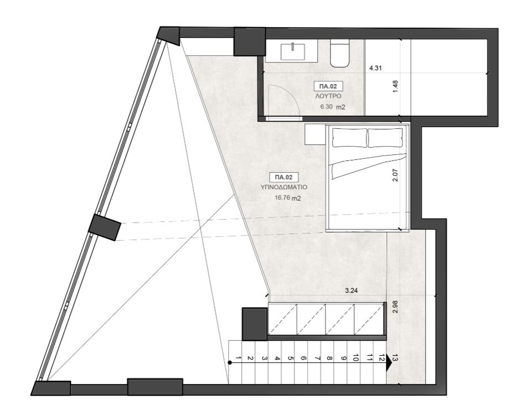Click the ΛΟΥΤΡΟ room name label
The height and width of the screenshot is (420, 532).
328,96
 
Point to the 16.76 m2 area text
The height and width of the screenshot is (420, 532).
287,197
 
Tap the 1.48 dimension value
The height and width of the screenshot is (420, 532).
395,87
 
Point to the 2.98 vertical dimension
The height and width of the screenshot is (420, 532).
394,308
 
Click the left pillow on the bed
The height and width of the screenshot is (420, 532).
349,138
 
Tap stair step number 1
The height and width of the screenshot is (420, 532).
237,359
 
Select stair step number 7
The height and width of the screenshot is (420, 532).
316,359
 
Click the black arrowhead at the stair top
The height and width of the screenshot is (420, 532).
389,360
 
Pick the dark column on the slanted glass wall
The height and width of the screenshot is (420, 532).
105,227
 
